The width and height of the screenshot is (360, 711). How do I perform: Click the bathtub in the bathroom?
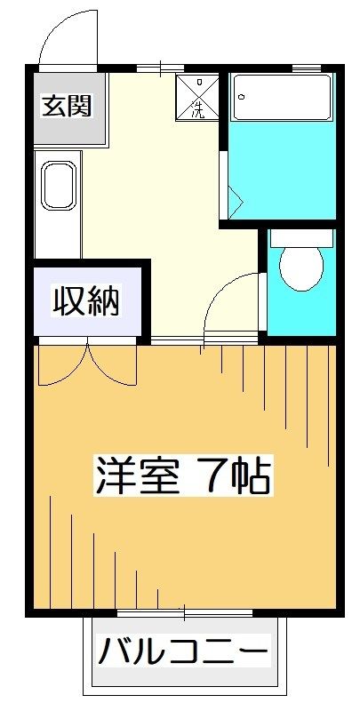click(281, 98)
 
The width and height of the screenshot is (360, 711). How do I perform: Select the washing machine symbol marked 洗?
click(196, 98)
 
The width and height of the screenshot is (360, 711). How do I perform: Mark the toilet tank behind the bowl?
click(301, 237)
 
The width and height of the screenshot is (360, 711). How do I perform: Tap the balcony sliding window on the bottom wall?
click(185, 614)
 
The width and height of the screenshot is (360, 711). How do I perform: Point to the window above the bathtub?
click(306, 68)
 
